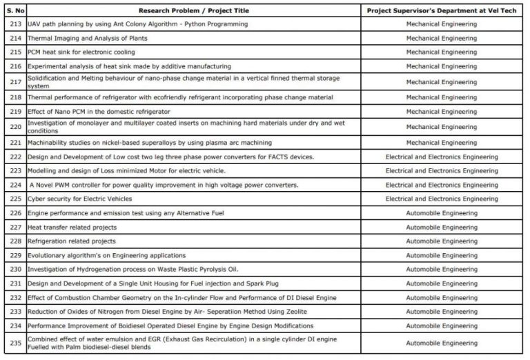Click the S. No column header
(16, 10)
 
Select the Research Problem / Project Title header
(194, 10)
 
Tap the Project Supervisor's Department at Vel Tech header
(441, 10)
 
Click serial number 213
(16, 24)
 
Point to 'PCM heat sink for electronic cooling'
(81, 52)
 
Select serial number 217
(16, 82)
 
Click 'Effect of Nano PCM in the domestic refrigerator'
(99, 112)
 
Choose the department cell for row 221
(441, 143)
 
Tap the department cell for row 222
(441, 157)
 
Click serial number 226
(16, 213)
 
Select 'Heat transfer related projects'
(72, 227)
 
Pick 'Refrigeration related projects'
(71, 241)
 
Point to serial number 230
(16, 269)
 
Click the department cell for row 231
(441, 283)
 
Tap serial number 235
(16, 343)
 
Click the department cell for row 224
(441, 185)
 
